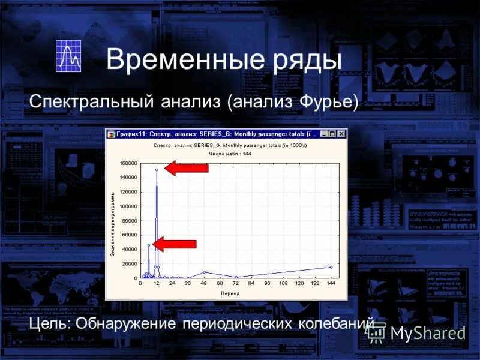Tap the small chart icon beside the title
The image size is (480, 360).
pyautogui.click(x=68, y=56)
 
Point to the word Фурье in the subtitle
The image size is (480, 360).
pyautogui.click(x=328, y=102)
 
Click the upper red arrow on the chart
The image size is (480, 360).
pyautogui.click(x=186, y=169)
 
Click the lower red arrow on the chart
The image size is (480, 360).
pyautogui.click(x=175, y=244)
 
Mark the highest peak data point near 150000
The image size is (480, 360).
pyautogui.click(x=157, y=170)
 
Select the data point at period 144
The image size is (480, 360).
pyautogui.click(x=331, y=267)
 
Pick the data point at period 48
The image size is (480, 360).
pyautogui.click(x=204, y=272)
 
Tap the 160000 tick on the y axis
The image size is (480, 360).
pyautogui.click(x=128, y=163)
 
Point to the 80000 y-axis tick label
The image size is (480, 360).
pyautogui.click(x=130, y=221)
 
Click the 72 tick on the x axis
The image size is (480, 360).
pyautogui.click(x=236, y=284)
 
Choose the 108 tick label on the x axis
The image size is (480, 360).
pyautogui.click(x=283, y=284)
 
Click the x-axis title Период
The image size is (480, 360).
pyautogui.click(x=230, y=293)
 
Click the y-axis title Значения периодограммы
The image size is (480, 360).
pyautogui.click(x=112, y=221)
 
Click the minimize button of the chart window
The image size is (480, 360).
pyautogui.click(x=324, y=134)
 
